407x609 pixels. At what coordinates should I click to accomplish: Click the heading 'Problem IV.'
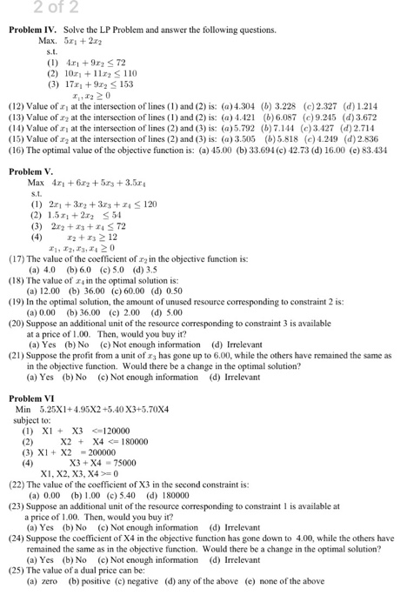(x=33, y=30)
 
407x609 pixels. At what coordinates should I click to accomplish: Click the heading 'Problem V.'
(x=31, y=171)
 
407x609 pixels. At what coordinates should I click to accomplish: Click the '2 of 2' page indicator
(x=27, y=8)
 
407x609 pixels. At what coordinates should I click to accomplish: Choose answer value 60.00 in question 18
(x=138, y=321)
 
